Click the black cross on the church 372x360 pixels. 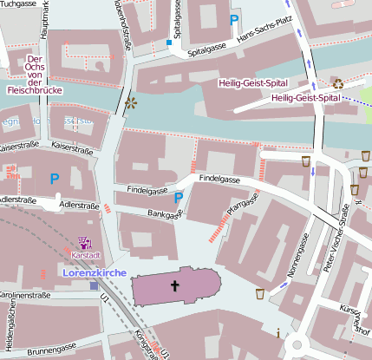pyautogui.click(x=174, y=285)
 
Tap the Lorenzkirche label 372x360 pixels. pyautogui.click(x=95, y=272)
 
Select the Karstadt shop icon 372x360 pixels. pyautogui.click(x=85, y=244)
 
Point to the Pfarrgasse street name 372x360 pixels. pyautogui.click(x=243, y=205)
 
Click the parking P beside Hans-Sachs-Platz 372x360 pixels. pyautogui.click(x=233, y=18)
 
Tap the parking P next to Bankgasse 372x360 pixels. pyautogui.click(x=179, y=198)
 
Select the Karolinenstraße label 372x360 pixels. pyautogui.click(x=26, y=295)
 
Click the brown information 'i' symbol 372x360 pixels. pyautogui.click(x=277, y=332)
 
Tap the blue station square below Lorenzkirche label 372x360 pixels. pyautogui.click(x=94, y=285)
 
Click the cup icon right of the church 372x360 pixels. pyautogui.click(x=260, y=294)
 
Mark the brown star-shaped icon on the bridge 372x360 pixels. pyautogui.click(x=131, y=104)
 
